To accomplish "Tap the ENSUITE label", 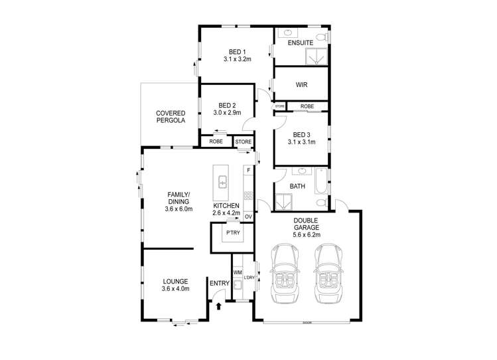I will coord(301,43).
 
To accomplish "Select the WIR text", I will coord(301,85).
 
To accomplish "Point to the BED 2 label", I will coord(227,105).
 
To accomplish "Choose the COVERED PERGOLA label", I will coord(171,117).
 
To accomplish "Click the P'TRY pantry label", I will coord(233,232).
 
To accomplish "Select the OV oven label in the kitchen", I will coord(249,217).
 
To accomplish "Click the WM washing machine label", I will coord(237,272).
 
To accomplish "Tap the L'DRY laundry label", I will coord(249,277).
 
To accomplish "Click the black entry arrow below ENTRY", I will coord(220,306).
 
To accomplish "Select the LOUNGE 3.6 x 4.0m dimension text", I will coord(176,289).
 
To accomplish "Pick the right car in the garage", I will coord(326,273).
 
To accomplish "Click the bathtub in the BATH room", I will coord(321,186).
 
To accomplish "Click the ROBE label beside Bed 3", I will coord(307,106).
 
